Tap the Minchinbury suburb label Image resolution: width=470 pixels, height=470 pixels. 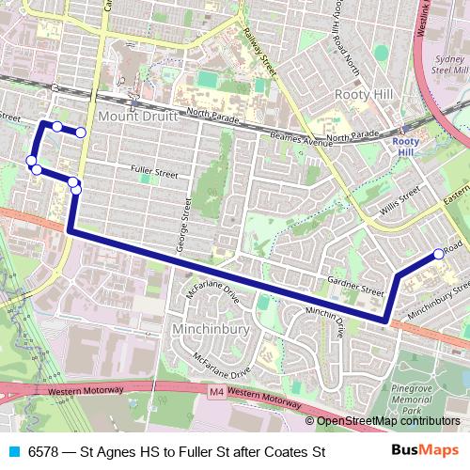pos(211,330)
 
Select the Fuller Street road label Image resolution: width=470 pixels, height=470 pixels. pos(154,173)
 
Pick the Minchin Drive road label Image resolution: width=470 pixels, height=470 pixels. pos(324,318)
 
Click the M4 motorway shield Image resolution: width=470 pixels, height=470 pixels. pos(217,391)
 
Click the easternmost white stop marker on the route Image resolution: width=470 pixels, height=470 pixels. pos(439,254)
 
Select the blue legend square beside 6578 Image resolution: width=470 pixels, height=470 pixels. pos(12,452)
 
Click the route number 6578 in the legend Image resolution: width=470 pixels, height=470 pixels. pos(44,452)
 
